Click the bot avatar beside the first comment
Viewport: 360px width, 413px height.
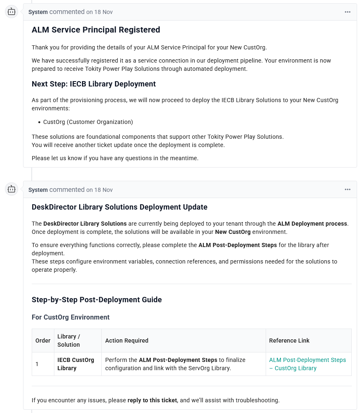point(12,12)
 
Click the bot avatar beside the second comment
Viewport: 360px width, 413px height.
point(12,189)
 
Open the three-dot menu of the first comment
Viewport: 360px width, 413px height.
point(348,12)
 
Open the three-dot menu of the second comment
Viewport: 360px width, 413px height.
point(348,190)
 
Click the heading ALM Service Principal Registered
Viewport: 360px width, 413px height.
point(96,30)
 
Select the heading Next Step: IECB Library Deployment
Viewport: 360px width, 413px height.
point(94,84)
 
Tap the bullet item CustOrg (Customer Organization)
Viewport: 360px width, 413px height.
point(88,122)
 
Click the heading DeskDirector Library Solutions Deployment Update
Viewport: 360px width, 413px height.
point(119,207)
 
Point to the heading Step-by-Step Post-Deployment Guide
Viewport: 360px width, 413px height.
point(96,300)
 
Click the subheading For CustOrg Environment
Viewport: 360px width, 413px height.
point(70,317)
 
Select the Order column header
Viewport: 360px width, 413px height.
point(43,341)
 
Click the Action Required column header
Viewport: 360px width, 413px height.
point(126,341)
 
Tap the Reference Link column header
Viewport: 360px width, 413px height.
point(289,341)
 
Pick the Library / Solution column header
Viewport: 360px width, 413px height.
point(69,341)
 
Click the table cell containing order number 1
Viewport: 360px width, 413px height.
point(37,364)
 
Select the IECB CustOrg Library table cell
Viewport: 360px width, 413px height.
point(75,364)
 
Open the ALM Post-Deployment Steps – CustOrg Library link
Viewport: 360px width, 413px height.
point(307,364)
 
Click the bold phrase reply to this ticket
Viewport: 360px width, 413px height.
point(152,400)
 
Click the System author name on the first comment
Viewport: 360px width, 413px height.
point(38,12)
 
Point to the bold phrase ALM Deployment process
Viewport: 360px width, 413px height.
point(312,224)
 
